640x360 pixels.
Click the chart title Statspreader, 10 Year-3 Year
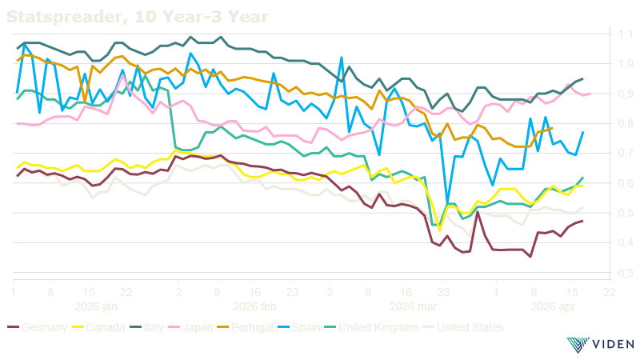pyautogui.click(x=137, y=15)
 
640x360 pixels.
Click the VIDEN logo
pyautogui.click(x=599, y=345)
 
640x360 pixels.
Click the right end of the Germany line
pyautogui.click(x=582, y=221)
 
